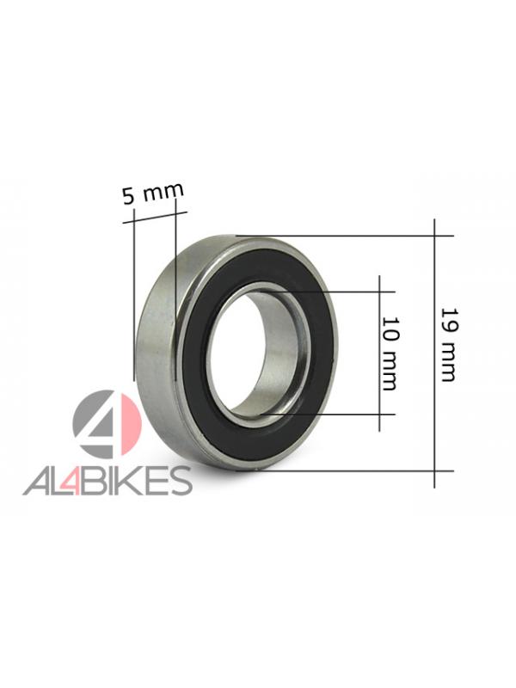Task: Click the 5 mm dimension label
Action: (x=153, y=193)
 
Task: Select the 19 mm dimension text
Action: (x=449, y=345)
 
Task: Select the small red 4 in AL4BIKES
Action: (x=72, y=482)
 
